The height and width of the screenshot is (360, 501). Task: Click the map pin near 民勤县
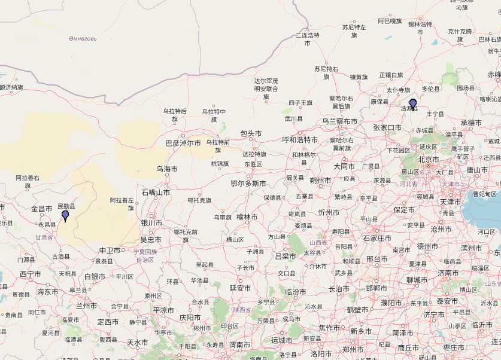[x=65, y=215]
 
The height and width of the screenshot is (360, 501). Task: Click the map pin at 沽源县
[x=412, y=104]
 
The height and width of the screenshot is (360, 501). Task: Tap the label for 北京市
[x=429, y=160]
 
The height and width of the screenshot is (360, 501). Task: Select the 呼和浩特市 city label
[x=300, y=140]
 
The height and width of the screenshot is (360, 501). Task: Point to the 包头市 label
[x=251, y=133]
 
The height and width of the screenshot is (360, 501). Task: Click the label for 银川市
[x=151, y=222]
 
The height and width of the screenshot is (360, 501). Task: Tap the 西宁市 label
[x=30, y=274]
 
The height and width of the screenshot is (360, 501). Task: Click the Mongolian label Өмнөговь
[x=83, y=39]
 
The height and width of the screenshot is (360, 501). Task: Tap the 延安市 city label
[x=239, y=288]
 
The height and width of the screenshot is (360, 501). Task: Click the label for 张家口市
[x=387, y=128]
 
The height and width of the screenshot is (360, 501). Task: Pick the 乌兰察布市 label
[x=340, y=121]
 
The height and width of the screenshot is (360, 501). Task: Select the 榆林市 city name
[x=247, y=217]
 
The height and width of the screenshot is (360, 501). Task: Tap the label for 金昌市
[x=42, y=209]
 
